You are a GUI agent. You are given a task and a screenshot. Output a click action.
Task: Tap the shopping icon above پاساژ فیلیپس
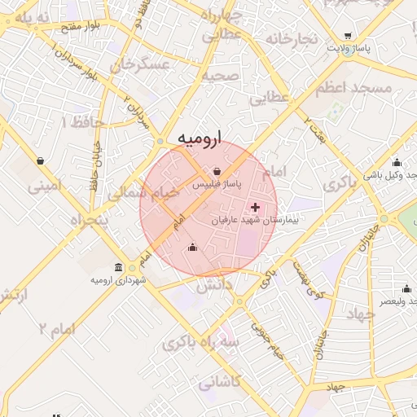click(x=217, y=172)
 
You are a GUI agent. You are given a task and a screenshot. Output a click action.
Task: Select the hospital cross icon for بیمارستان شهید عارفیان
click(x=256, y=207)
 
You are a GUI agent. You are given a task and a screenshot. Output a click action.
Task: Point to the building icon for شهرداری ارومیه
click(x=119, y=268)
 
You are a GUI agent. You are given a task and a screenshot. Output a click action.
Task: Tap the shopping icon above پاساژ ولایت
click(x=349, y=36)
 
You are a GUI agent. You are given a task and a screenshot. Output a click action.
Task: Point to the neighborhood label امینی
click(x=45, y=187)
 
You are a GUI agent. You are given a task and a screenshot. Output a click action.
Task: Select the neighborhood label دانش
click(x=213, y=285)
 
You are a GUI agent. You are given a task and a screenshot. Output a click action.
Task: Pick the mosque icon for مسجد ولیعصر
click(x=406, y=288)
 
